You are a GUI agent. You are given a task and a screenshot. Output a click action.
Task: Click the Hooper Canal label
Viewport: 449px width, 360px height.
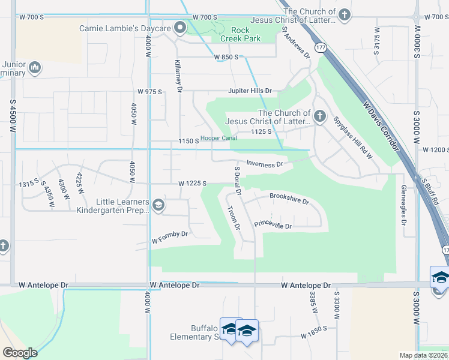coord(218,139)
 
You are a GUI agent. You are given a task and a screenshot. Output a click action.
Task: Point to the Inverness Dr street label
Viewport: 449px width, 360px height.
coord(264,164)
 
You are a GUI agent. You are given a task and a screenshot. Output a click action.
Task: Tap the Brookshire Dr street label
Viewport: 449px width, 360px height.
coord(289,199)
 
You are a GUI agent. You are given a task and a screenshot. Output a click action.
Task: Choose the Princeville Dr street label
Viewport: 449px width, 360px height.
coord(273,226)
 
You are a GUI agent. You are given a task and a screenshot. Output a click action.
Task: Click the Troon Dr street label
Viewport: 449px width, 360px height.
coord(233,218)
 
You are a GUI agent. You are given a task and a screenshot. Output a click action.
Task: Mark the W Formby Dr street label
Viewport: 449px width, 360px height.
coord(170,236)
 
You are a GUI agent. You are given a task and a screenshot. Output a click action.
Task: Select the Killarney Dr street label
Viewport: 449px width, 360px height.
coord(178,76)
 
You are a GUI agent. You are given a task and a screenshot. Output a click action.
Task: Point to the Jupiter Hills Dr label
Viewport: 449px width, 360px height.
coord(250,91)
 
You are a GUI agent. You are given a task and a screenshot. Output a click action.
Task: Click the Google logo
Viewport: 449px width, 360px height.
coord(20,352)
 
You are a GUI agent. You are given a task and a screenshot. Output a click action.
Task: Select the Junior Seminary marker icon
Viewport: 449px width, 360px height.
coord(34,66)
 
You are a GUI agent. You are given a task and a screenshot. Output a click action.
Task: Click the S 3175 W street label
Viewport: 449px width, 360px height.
coord(376,41)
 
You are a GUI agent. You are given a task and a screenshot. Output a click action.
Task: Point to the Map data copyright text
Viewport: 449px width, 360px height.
coord(423,355)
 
